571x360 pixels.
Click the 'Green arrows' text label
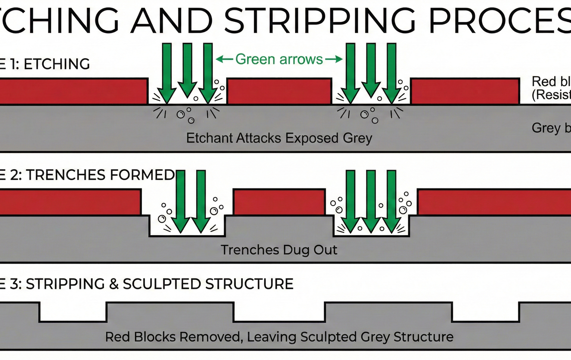click(279, 59)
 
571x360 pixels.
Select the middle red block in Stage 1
click(279, 91)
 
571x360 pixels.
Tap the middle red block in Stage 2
click(279, 202)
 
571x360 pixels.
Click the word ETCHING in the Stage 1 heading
click(57, 64)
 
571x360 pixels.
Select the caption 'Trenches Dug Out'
click(279, 250)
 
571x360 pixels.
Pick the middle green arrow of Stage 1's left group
click(187, 69)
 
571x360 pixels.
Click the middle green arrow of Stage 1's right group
click(371, 69)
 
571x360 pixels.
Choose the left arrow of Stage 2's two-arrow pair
click(181, 201)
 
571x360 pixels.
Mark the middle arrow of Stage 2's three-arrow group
click(371, 201)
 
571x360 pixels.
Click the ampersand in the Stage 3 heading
click(114, 284)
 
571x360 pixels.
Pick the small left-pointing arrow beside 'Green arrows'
click(224, 59)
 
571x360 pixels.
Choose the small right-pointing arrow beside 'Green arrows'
click(334, 59)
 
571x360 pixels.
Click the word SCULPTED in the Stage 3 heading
click(162, 284)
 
